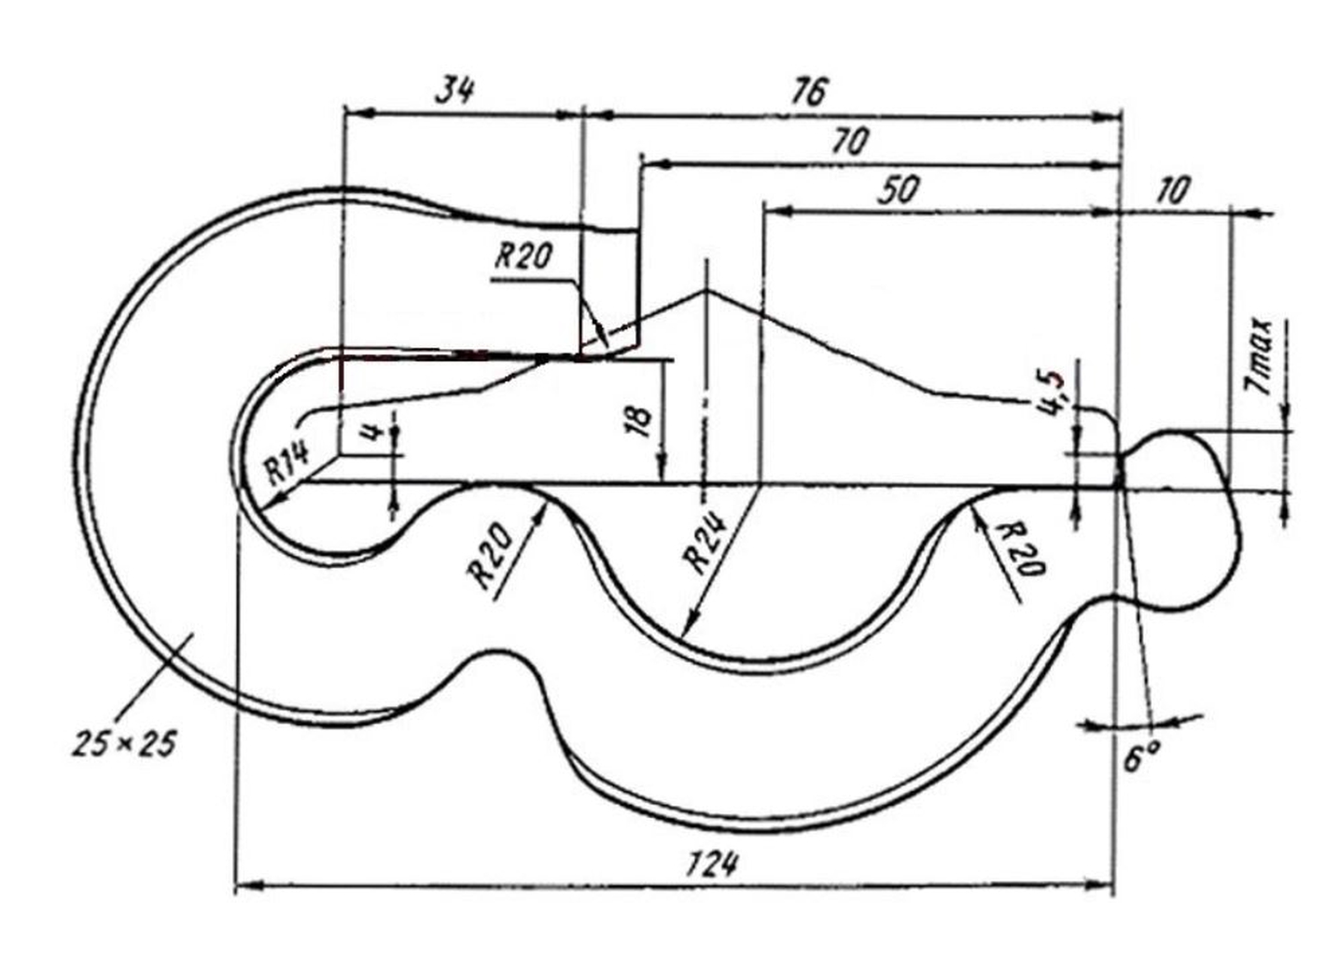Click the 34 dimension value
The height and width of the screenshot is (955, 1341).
456,90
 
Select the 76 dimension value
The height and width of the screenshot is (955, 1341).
809,91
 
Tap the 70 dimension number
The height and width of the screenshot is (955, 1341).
848,142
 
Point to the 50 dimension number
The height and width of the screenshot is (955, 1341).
897,190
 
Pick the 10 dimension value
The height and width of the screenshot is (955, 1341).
1173,190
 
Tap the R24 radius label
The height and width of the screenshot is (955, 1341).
706,543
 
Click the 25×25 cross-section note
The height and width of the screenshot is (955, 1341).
123,743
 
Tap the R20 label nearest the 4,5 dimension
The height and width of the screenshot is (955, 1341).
1022,548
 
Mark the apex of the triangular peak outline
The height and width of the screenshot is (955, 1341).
705,292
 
